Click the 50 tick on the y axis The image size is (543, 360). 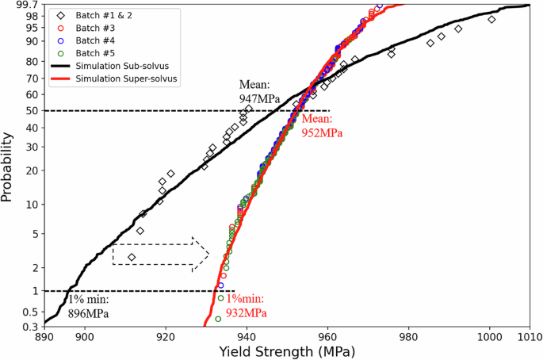[x=33, y=110]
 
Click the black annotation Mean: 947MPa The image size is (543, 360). [x=255, y=91]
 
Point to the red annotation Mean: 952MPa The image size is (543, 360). [x=322, y=126]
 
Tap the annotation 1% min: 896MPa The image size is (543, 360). [x=88, y=307]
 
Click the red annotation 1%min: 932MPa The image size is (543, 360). [x=256, y=307]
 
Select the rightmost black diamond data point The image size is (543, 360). [x=491, y=20]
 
